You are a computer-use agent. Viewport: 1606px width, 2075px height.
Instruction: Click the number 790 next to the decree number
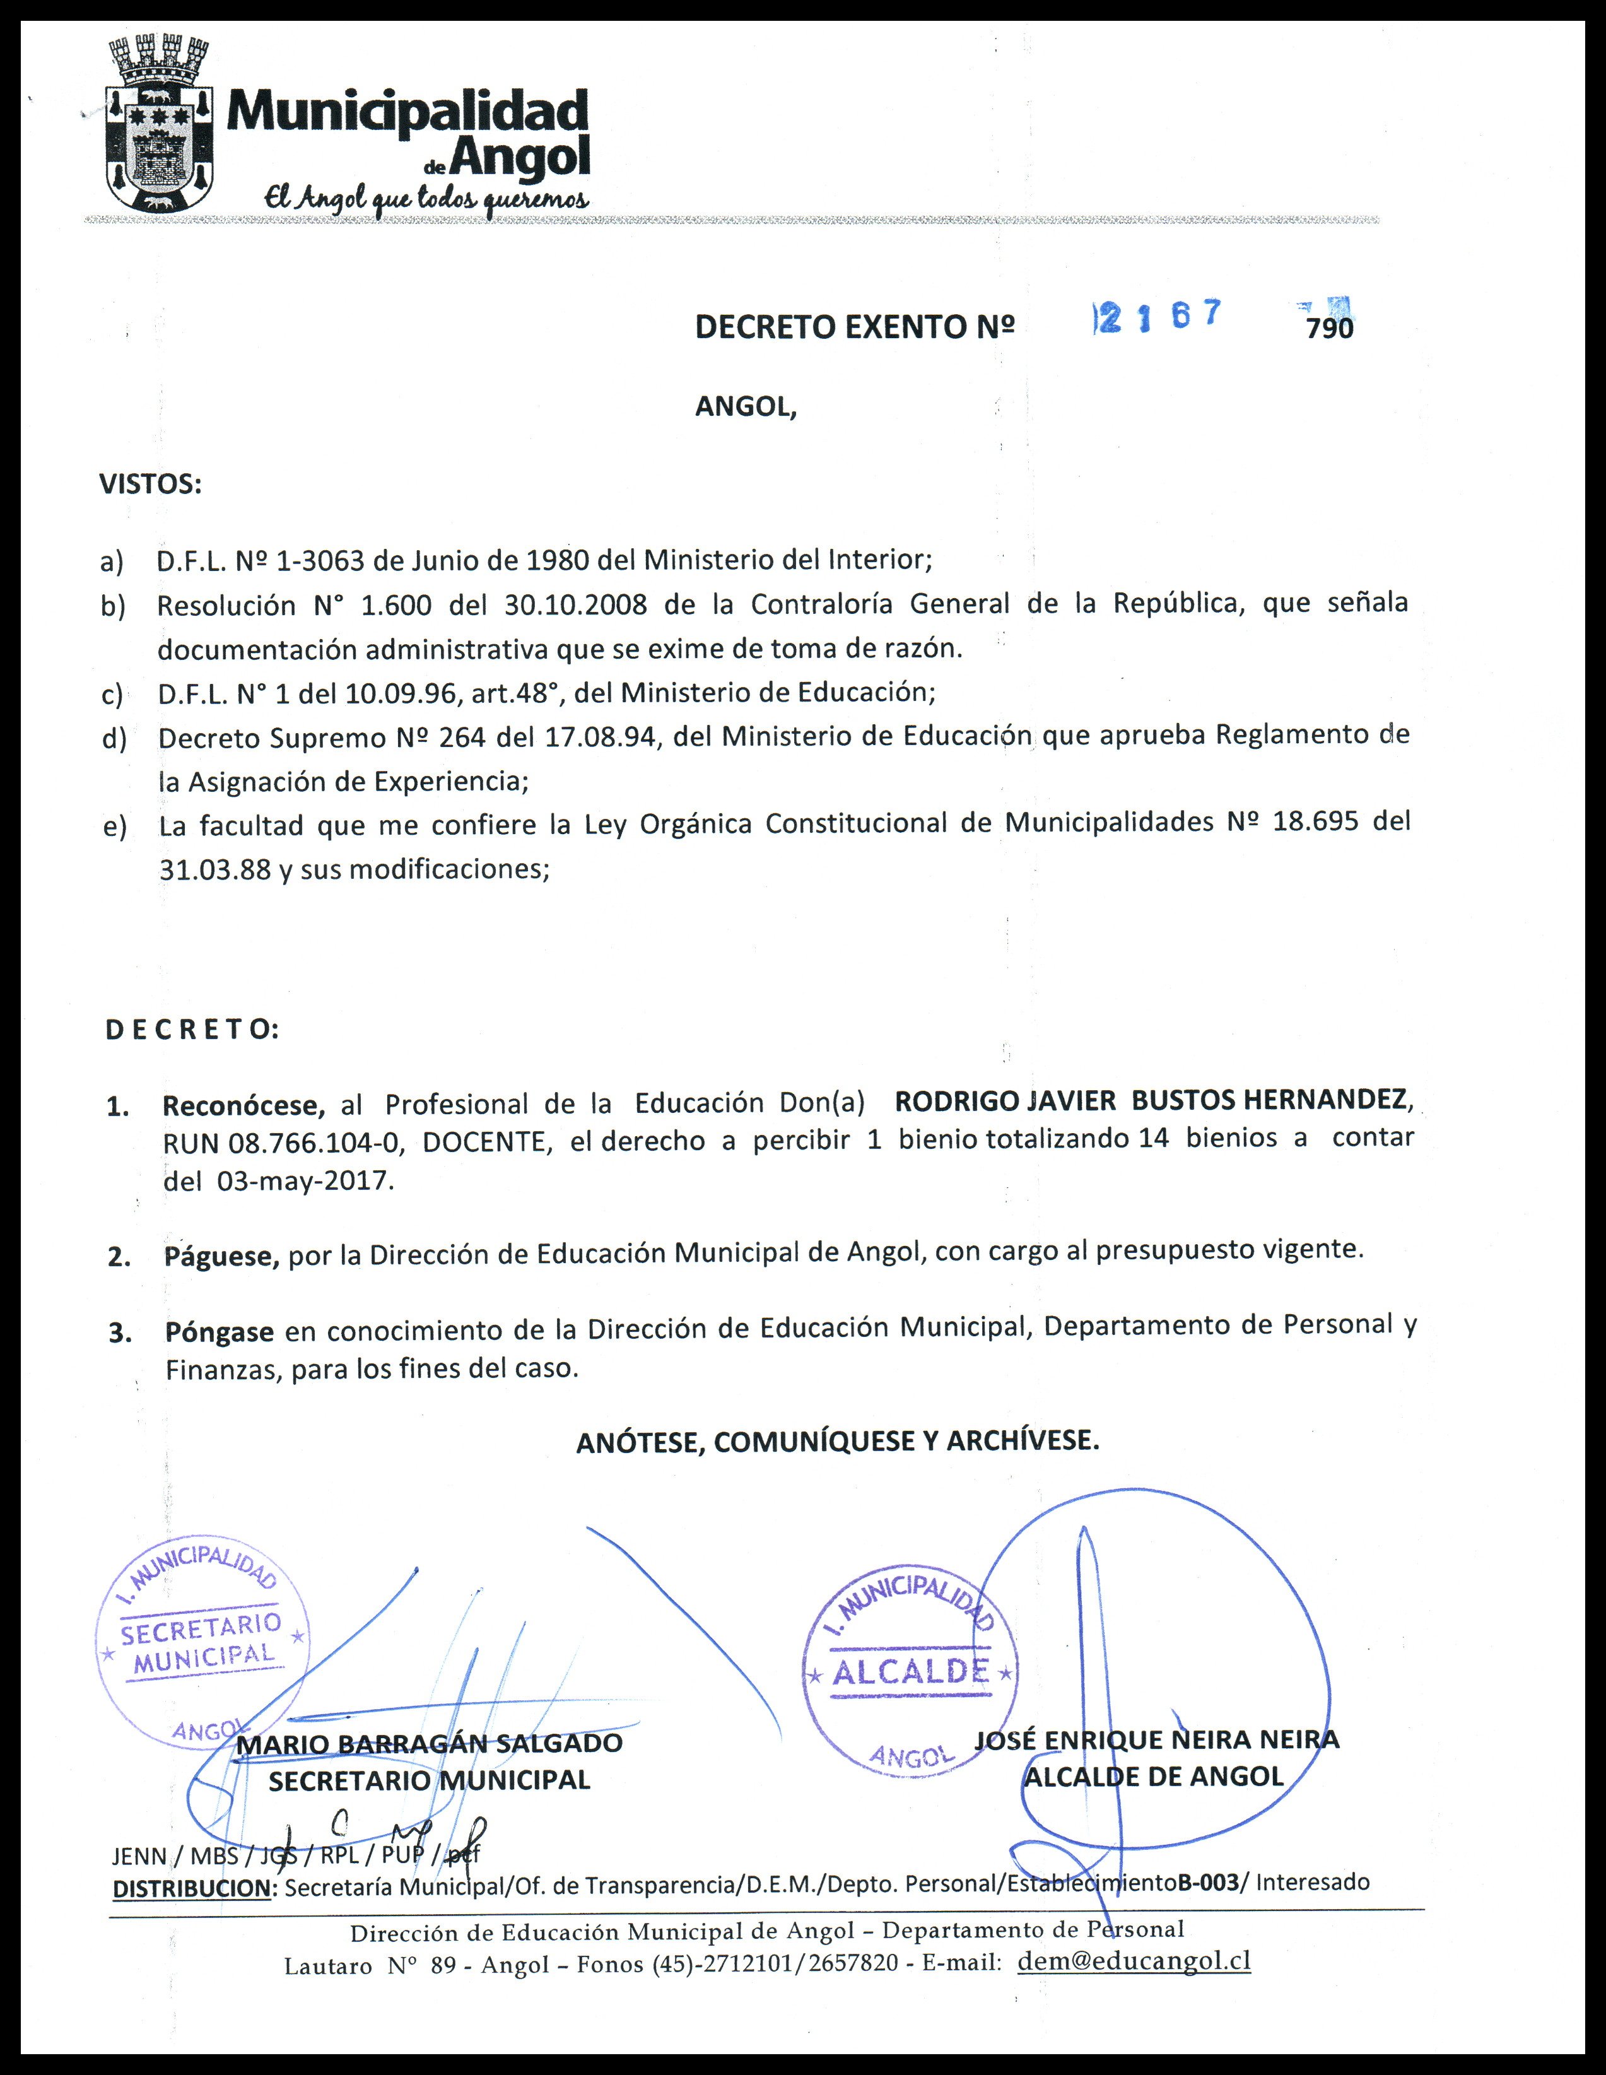(1330, 329)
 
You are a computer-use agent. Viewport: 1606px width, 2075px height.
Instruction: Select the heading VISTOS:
(150, 485)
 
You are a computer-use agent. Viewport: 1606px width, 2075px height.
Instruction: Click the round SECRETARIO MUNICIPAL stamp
(203, 1639)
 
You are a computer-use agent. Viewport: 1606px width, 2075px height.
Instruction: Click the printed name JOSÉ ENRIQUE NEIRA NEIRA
(1157, 1739)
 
